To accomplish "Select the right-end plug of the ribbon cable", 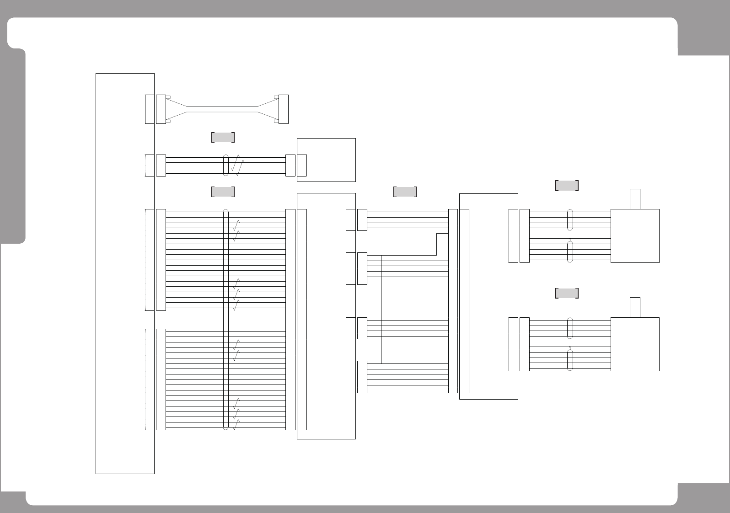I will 284,109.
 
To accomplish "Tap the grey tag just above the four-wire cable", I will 223,137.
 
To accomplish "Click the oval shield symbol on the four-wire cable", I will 225,166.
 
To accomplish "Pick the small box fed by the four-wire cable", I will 326,160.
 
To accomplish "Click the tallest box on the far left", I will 124,273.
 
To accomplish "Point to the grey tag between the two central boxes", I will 405,192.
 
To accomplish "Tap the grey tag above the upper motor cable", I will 567,185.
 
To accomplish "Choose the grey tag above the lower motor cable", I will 567,293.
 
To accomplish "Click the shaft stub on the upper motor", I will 635,199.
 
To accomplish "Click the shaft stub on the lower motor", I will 635,307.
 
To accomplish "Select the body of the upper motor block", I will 635,236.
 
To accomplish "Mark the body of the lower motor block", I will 635,344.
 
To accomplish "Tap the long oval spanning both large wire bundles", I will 225,320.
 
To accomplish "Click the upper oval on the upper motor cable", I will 570,219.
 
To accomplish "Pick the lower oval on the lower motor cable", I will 570,360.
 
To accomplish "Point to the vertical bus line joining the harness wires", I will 381,309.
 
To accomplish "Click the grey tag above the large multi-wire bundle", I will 223,192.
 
